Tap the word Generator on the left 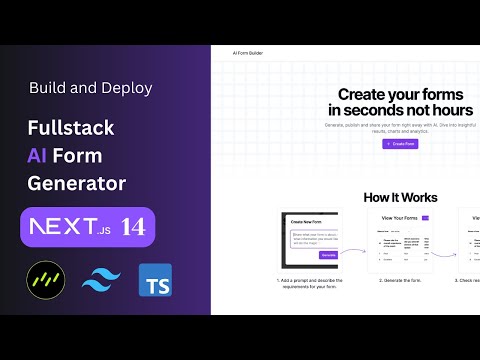(76, 184)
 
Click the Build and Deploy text (91, 88)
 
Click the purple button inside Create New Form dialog (326, 255)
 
